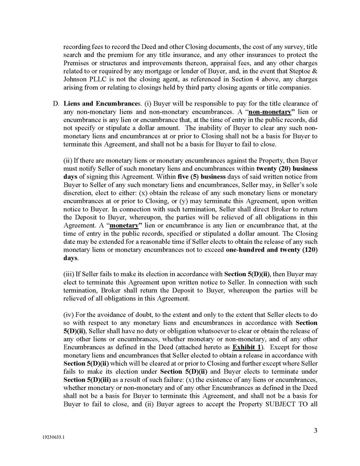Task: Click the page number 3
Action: click(316, 431)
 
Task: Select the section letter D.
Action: click(56, 103)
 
